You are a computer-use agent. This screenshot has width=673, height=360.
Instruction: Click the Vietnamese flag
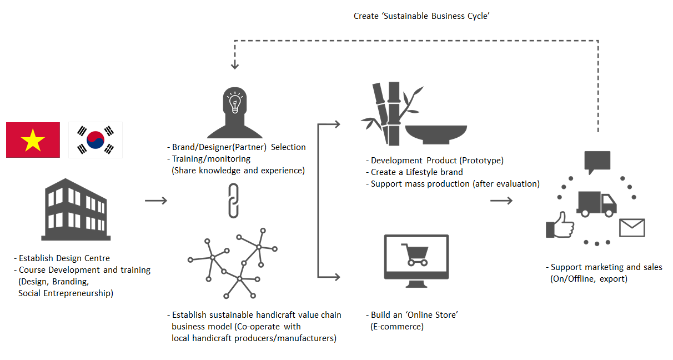pyautogui.click(x=33, y=139)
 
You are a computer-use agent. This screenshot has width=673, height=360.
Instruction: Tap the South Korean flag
pyautogui.click(x=95, y=140)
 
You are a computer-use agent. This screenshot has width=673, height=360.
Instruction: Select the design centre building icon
pyautogui.click(x=76, y=210)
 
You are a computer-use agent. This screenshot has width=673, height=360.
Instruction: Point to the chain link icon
pyautogui.click(x=234, y=200)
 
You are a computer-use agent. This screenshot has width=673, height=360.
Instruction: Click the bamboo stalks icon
pyautogui.click(x=386, y=114)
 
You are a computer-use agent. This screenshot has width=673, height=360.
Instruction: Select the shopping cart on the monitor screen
pyautogui.click(x=416, y=256)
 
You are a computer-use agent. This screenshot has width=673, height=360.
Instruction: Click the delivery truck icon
pyautogui.click(x=596, y=204)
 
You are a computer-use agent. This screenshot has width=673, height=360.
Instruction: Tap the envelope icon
pyautogui.click(x=632, y=228)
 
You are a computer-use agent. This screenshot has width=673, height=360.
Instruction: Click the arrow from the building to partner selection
pyautogui.click(x=155, y=200)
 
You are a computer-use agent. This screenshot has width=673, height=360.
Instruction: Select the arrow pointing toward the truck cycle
pyautogui.click(x=501, y=200)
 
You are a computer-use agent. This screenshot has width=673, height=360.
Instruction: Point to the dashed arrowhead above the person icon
pyautogui.click(x=235, y=66)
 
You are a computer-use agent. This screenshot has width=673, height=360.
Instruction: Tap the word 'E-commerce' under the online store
pyautogui.click(x=396, y=327)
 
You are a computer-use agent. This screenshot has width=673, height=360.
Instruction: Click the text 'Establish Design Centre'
pyautogui.click(x=64, y=258)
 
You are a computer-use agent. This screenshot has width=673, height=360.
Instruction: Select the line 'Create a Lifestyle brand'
pyautogui.click(x=416, y=172)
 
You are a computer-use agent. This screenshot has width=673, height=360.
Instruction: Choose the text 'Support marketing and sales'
pyautogui.click(x=606, y=267)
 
